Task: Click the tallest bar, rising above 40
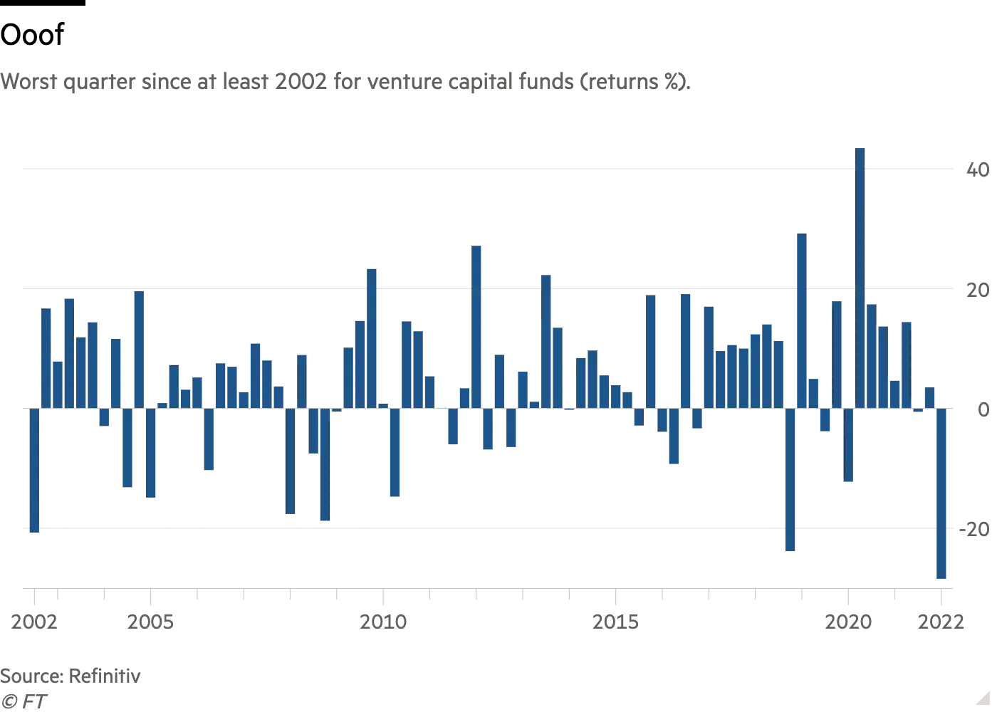(x=860, y=278)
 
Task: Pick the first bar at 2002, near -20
(x=34, y=471)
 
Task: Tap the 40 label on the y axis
(x=978, y=169)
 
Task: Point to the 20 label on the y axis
(x=978, y=290)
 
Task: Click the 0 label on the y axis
(x=983, y=409)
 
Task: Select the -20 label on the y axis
(x=974, y=529)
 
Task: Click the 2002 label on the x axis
(x=34, y=622)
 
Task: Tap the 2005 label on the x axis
(x=150, y=622)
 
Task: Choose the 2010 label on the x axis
(x=383, y=622)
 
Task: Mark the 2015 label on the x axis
(x=615, y=622)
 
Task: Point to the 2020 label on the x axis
(x=848, y=622)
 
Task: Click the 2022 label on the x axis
(x=941, y=622)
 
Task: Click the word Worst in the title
(x=28, y=82)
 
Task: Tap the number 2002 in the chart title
(x=301, y=82)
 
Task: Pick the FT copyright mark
(x=24, y=701)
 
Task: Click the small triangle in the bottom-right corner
(x=983, y=698)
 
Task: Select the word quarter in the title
(x=99, y=82)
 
